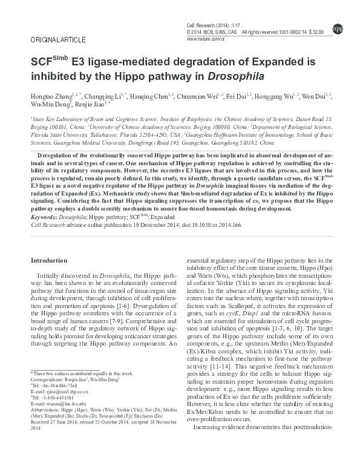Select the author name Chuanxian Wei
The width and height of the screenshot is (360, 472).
pyautogui.click(x=201, y=97)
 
